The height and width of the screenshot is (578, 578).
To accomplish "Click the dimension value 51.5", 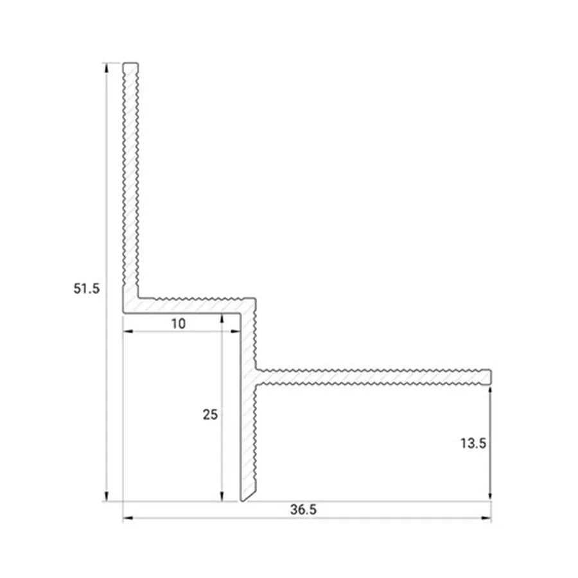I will tap(86, 288).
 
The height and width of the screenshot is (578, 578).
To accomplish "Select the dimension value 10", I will tap(178, 324).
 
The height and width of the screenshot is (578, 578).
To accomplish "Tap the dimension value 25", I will tap(210, 415).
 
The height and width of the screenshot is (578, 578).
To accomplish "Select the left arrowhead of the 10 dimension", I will tap(127, 332).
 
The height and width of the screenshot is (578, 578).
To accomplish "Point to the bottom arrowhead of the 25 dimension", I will tap(222, 497).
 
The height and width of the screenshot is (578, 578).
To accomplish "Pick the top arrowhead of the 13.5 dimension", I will tap(491, 389).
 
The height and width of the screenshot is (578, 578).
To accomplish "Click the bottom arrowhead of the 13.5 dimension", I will tap(491, 497).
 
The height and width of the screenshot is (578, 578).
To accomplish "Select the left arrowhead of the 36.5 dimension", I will tap(127, 518).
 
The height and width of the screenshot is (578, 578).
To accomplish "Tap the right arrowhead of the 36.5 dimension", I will tap(487, 518).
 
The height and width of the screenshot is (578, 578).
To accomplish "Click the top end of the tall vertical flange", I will tap(131, 64).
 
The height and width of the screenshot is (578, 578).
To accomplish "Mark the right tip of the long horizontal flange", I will tap(491, 377).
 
